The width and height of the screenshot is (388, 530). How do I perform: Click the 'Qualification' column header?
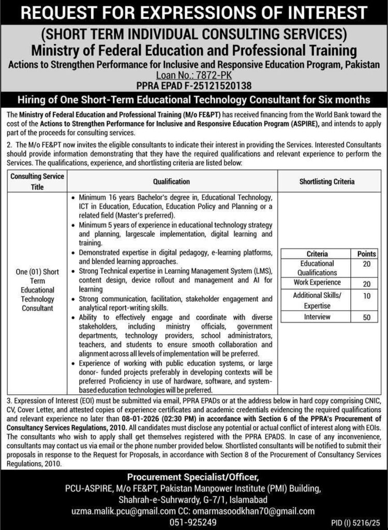pos(171,182)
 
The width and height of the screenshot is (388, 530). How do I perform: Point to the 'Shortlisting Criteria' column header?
pos(327,182)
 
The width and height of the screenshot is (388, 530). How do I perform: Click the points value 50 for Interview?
pos(366,318)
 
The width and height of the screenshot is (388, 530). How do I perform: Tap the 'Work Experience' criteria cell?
pos(317,283)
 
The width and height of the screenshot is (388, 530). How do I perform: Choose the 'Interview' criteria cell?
pos(317,317)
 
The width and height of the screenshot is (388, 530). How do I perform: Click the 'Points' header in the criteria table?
pos(366,254)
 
